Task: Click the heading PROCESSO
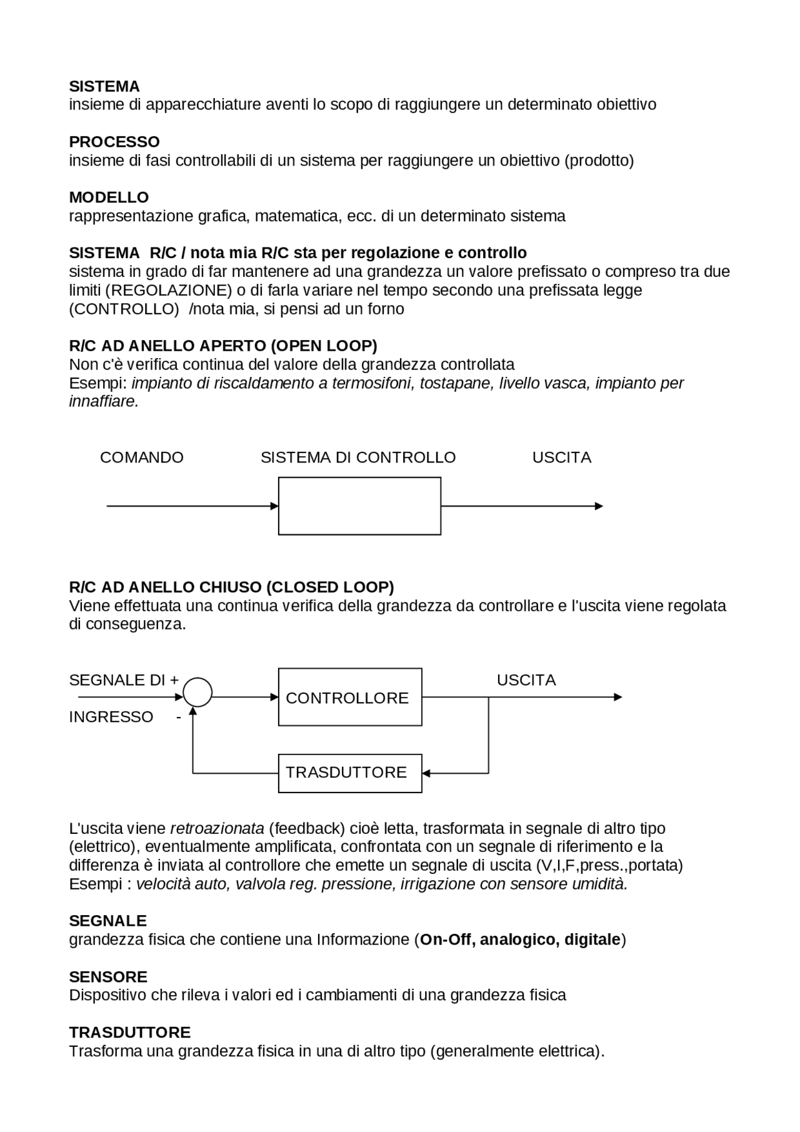point(114,142)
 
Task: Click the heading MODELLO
point(109,198)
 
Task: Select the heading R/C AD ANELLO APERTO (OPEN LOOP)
point(223,346)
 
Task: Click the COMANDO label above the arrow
point(142,458)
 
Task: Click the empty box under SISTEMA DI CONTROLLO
point(359,506)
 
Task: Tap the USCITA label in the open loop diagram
point(561,458)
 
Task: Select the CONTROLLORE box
point(350,697)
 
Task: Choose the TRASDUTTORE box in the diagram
point(350,773)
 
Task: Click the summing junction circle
point(197,693)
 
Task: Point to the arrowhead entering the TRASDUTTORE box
point(426,773)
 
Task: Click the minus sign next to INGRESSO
point(178,718)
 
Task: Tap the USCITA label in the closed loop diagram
point(526,680)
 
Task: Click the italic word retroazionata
point(217,829)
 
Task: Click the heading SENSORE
point(108,977)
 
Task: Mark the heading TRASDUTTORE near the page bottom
point(129,1033)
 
